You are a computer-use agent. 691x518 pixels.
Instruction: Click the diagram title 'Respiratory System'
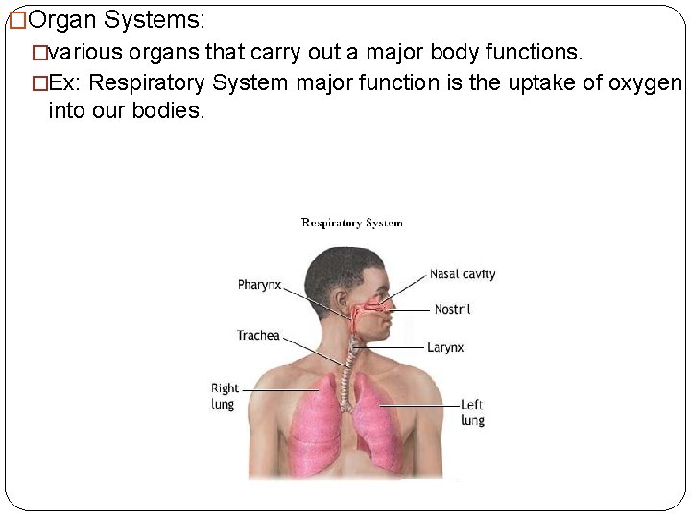coord(352,223)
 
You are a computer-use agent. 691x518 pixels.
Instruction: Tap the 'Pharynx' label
coord(259,284)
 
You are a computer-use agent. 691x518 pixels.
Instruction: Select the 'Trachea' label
coord(258,335)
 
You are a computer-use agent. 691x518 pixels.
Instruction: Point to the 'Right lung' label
coord(225,396)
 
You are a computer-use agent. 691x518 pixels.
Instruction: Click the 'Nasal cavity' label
coord(463,273)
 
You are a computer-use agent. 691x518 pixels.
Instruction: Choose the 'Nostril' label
coord(452,309)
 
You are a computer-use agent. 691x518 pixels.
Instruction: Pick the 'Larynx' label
coord(445,347)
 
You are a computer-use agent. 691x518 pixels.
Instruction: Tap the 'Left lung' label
coord(472,412)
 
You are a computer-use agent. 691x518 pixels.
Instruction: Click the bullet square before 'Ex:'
coord(39,82)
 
